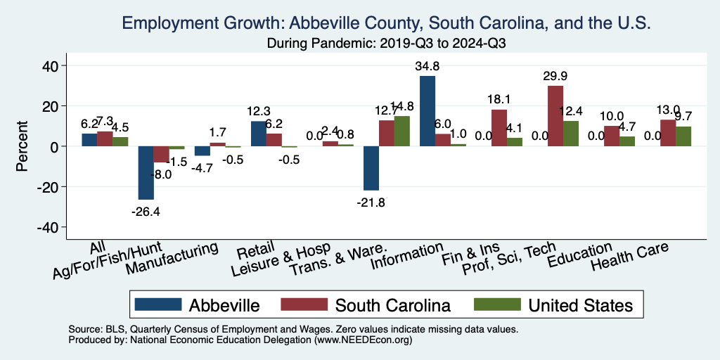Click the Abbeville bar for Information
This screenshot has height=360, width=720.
pyautogui.click(x=427, y=111)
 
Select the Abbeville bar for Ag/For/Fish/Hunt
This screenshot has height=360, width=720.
pyautogui.click(x=146, y=173)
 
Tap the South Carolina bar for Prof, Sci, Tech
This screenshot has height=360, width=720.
pyautogui.click(x=555, y=116)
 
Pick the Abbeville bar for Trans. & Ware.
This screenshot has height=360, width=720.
pyautogui.click(x=371, y=168)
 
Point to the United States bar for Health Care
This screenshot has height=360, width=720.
pyautogui.click(x=683, y=136)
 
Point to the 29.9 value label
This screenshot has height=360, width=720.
pyautogui.click(x=555, y=77)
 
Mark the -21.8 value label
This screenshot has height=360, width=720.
pyautogui.click(x=371, y=202)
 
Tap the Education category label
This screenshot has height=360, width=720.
pyautogui.click(x=580, y=255)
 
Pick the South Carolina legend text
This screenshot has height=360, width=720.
pyautogui.click(x=392, y=305)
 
